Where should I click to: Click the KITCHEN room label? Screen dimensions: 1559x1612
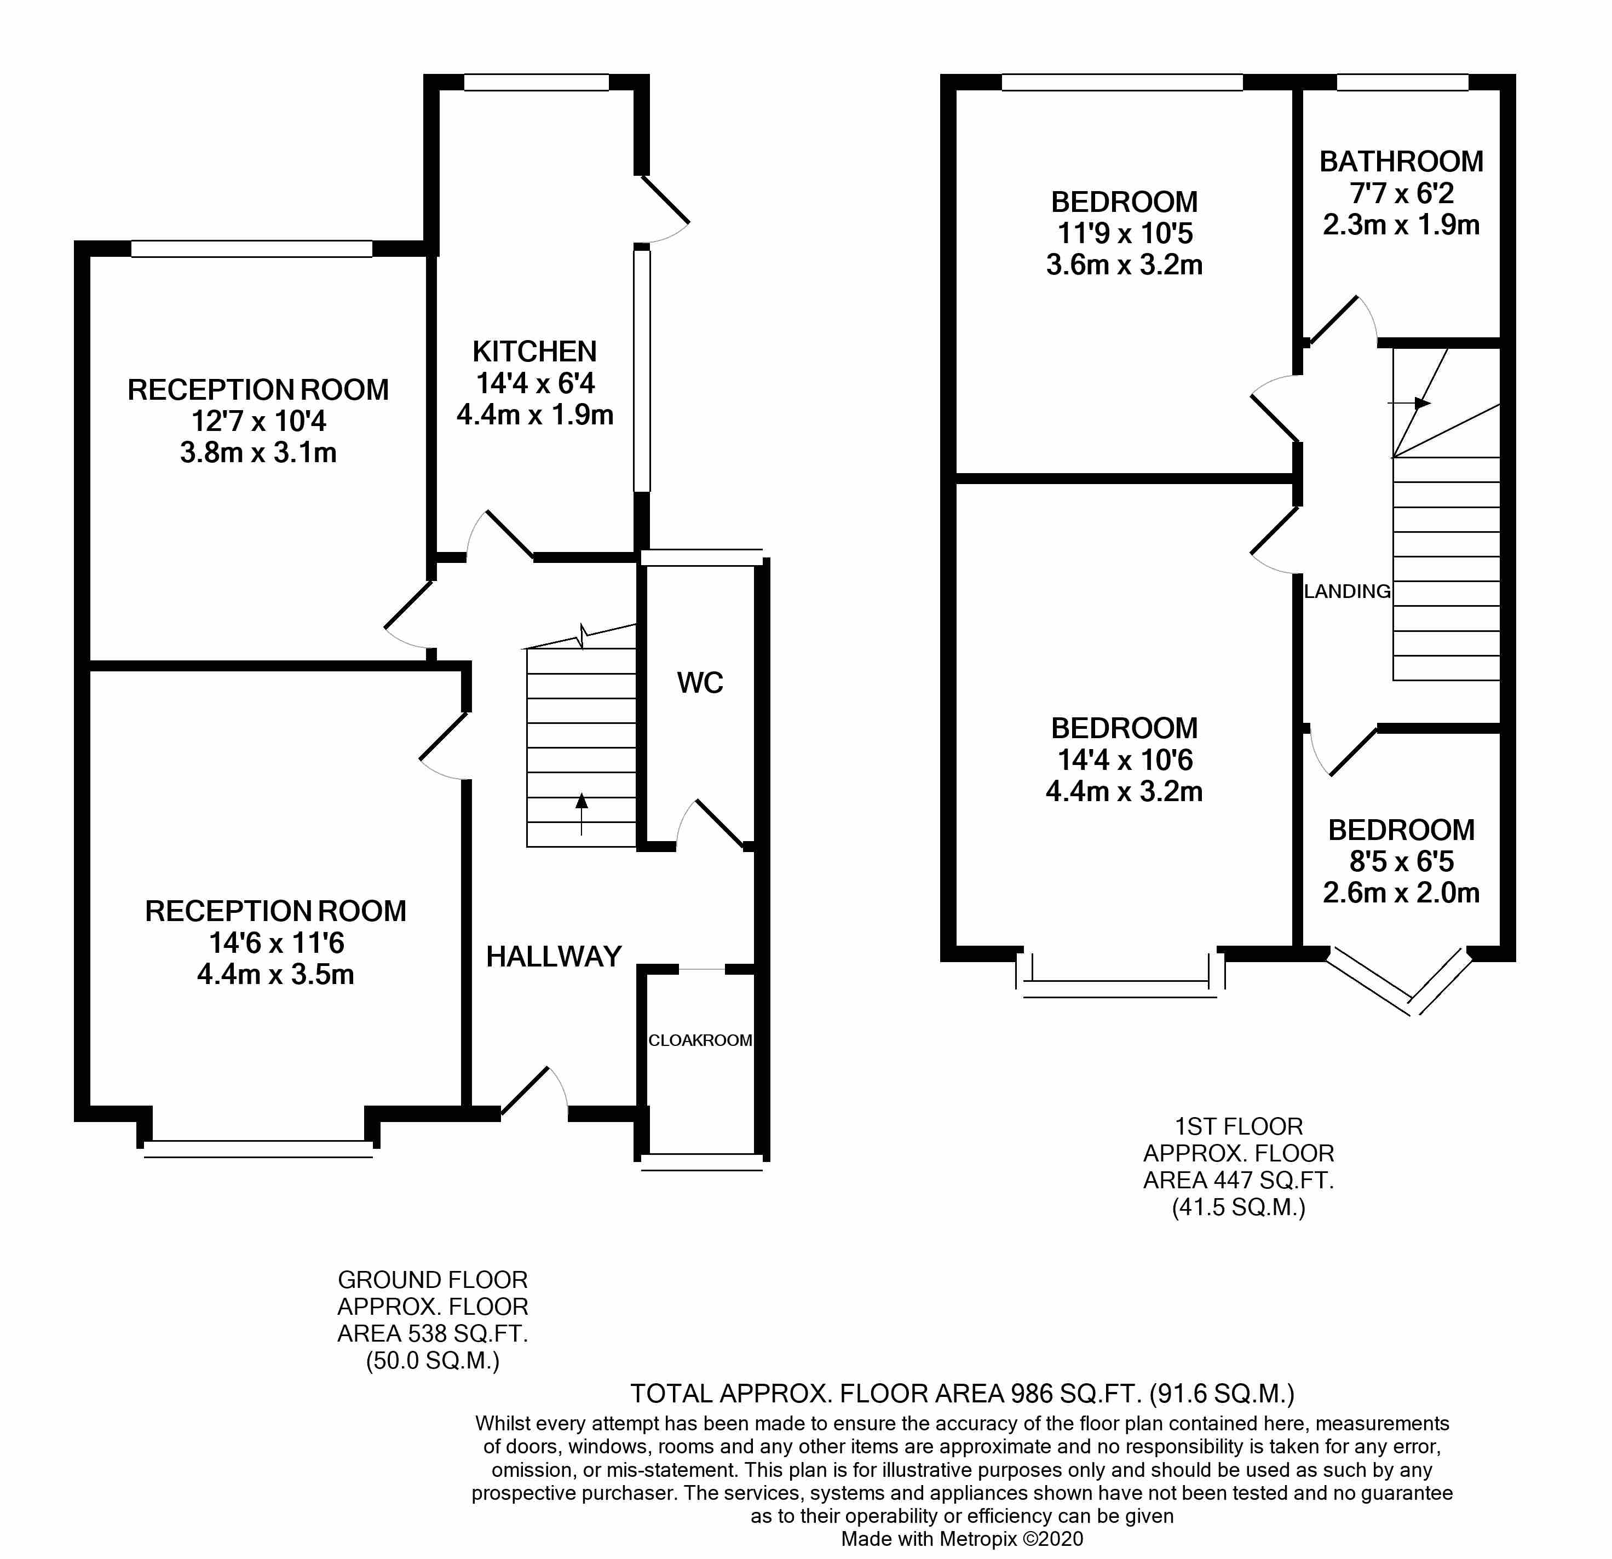coord(534,352)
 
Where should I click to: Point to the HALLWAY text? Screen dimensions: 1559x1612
coord(554,956)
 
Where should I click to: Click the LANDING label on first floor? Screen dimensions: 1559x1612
coord(1346,591)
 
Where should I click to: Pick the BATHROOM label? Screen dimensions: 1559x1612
coord(1401,161)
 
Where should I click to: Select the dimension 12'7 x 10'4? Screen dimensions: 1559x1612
coord(258,421)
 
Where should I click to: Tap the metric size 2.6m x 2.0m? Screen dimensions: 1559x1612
coord(1401,893)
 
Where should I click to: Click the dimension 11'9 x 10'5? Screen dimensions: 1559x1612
coord(1124,234)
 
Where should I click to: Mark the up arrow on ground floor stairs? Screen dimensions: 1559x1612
coord(582,813)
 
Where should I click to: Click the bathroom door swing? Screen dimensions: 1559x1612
coord(1340,321)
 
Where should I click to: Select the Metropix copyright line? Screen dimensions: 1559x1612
coord(962,1538)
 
